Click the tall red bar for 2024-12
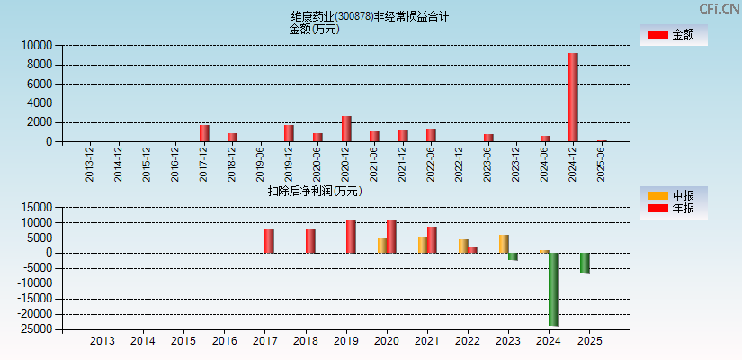(x=573, y=97)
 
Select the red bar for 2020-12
(x=346, y=129)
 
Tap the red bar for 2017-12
(x=204, y=133)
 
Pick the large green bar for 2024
(x=553, y=289)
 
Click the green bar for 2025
(x=585, y=263)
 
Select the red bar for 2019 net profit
(x=351, y=236)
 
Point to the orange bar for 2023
(x=504, y=244)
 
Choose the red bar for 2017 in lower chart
(x=269, y=240)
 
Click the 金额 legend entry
(x=674, y=34)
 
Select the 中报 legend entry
(x=674, y=195)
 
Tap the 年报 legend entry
(x=674, y=208)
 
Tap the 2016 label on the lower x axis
(x=224, y=341)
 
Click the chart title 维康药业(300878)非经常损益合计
(x=370, y=16)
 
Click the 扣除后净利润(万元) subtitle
(x=314, y=191)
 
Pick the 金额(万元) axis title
(x=314, y=29)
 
